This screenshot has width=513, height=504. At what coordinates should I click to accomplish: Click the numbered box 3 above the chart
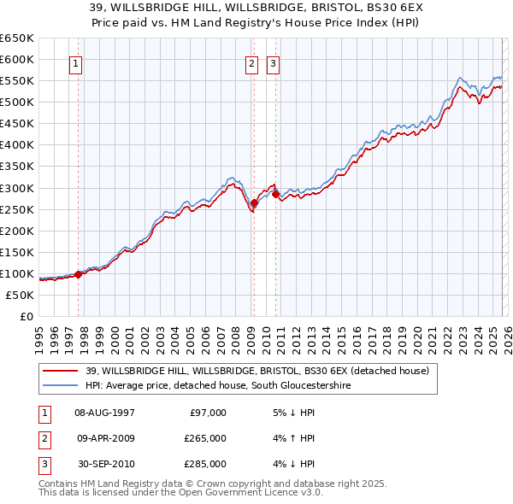click(274, 63)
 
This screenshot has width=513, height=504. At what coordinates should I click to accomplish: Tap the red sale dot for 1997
click(78, 274)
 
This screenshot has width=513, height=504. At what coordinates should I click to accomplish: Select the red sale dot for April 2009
click(254, 202)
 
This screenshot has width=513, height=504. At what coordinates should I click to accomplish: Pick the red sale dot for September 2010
click(275, 194)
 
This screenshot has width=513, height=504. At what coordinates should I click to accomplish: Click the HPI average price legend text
click(218, 386)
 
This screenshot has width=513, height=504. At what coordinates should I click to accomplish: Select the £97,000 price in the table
click(208, 412)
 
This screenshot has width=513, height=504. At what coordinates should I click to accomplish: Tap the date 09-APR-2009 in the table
click(104, 438)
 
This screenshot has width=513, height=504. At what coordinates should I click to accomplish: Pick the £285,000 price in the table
click(205, 464)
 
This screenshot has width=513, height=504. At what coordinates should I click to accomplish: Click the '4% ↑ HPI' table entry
click(294, 438)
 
